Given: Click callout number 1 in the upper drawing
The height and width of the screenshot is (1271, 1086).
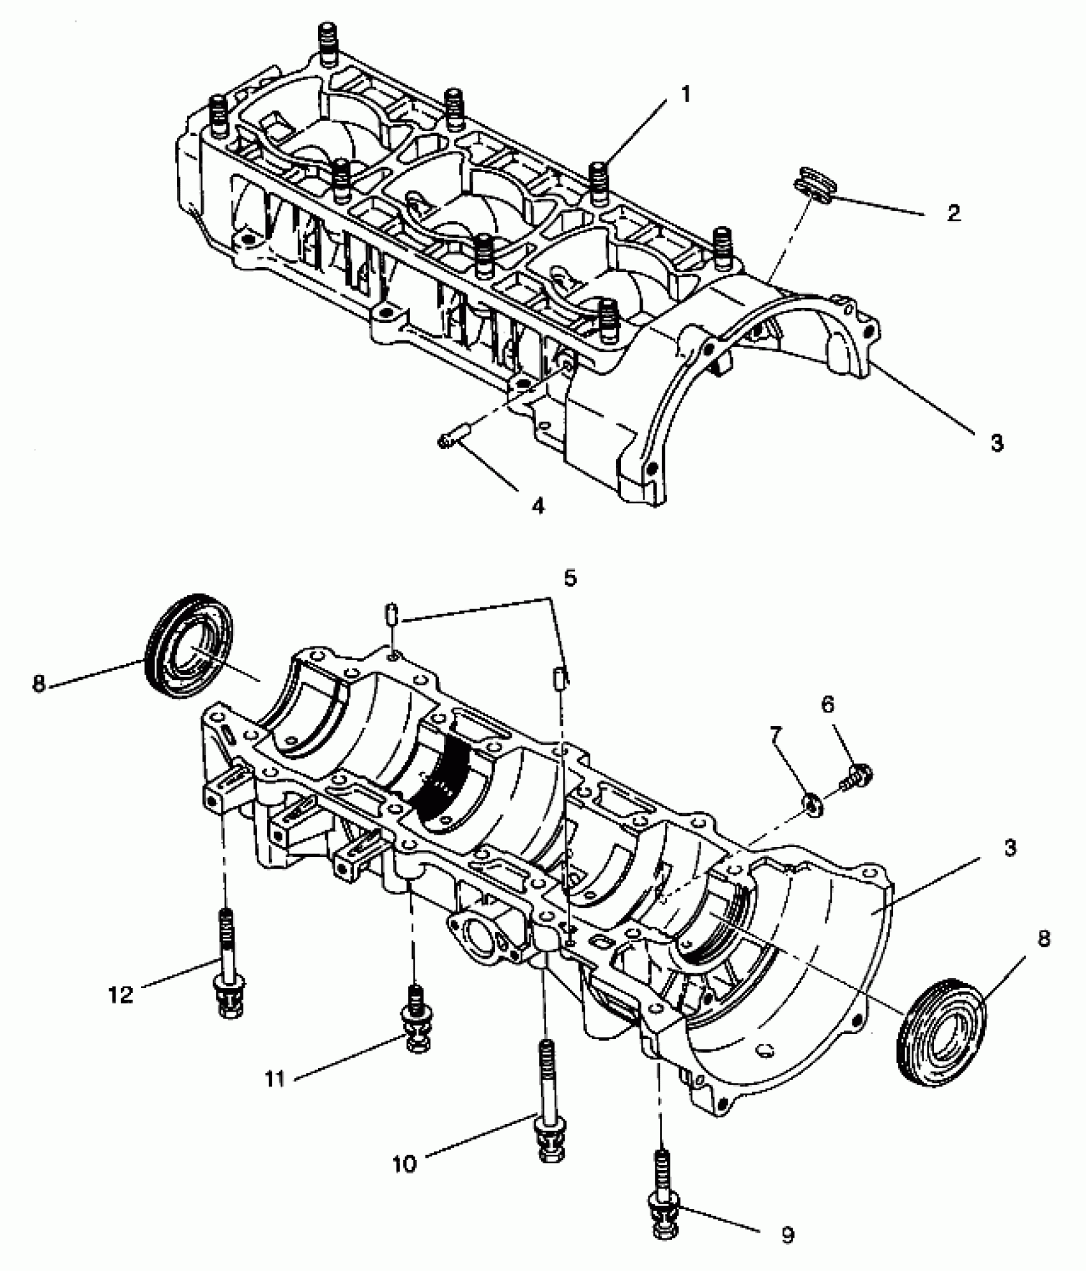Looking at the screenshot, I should click(685, 95).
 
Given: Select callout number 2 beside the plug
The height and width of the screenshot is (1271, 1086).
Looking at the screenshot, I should click(954, 213).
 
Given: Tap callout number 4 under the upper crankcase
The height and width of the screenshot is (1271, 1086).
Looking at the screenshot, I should click(538, 506).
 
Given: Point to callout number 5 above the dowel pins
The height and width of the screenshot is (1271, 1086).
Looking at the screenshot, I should click(570, 578).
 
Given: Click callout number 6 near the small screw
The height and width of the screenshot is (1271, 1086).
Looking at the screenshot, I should click(827, 704).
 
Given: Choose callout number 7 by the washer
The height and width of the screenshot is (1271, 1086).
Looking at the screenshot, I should click(776, 735).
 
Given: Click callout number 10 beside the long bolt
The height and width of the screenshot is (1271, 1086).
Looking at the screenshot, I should click(404, 1163).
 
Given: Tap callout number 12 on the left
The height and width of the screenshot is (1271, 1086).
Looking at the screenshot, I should click(121, 994).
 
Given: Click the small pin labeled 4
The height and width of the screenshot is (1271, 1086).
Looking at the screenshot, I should click(453, 437).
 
